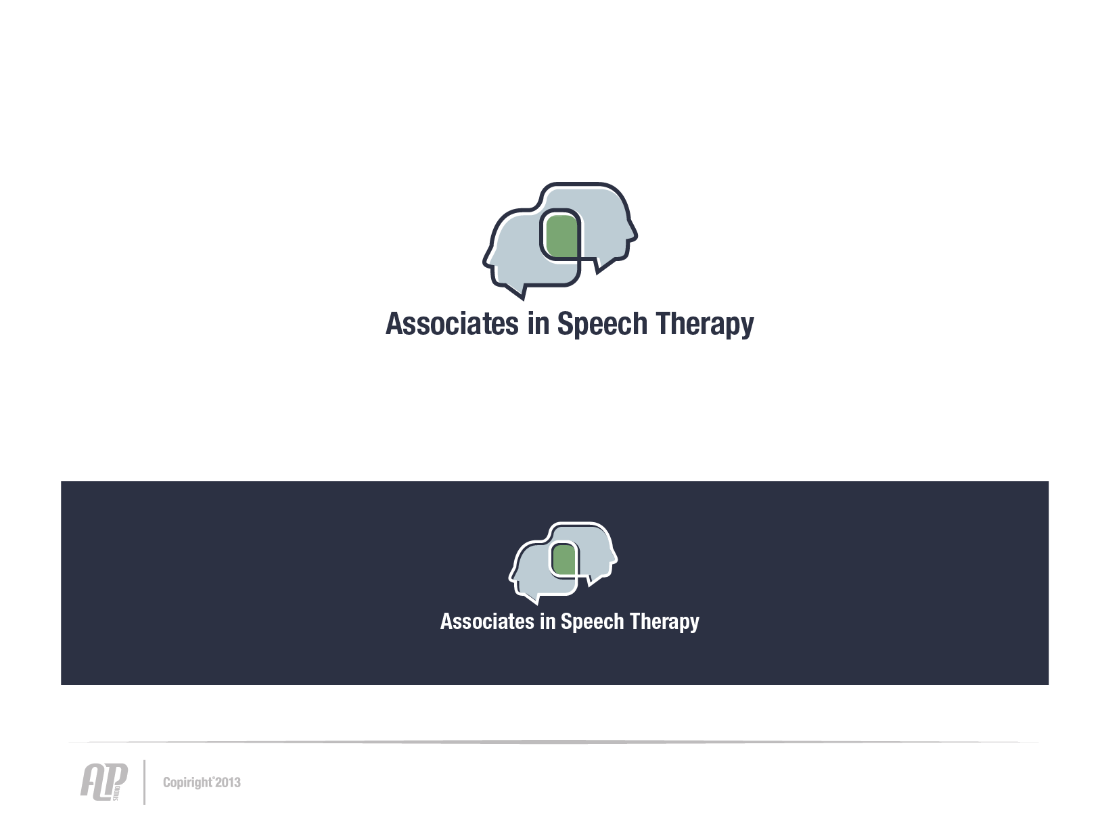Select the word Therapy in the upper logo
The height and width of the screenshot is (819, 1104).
click(705, 325)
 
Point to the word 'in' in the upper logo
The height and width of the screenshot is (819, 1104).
click(538, 324)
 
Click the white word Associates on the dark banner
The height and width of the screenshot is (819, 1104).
click(487, 622)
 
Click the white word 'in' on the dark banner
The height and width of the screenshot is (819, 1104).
click(547, 622)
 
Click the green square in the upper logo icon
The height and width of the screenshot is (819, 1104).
click(562, 237)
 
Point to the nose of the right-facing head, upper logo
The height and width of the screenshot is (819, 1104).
click(634, 235)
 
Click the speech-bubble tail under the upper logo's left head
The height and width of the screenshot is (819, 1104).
click(517, 292)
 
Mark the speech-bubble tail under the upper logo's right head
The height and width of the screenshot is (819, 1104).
click(603, 266)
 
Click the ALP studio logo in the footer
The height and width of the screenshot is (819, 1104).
click(104, 782)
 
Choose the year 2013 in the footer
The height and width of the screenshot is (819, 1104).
click(229, 782)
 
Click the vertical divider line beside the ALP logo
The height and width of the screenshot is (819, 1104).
click(144, 782)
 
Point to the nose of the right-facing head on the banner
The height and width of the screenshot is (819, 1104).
click(615, 558)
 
